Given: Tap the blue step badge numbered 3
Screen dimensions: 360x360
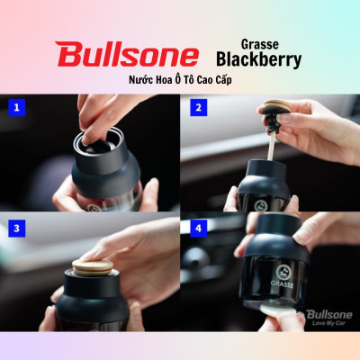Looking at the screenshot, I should (x=15, y=228).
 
